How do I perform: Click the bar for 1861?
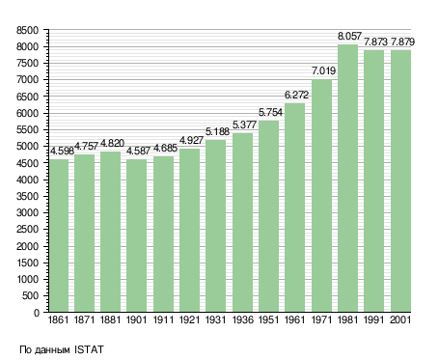[x=59, y=235]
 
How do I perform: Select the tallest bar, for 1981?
[x=347, y=179]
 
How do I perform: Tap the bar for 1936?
[x=242, y=223]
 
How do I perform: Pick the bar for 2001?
[x=400, y=181]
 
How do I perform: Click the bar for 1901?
[x=137, y=235]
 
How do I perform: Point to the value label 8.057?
[x=349, y=36]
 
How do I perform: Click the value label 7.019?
[x=323, y=70]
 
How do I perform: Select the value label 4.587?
[x=138, y=151]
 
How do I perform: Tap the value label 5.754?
[x=270, y=112]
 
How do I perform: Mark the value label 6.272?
[x=296, y=95]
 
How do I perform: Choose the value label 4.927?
[x=191, y=140]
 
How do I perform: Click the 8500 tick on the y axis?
[x=27, y=30]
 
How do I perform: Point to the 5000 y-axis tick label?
[x=27, y=147]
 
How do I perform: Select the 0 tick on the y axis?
[x=36, y=313]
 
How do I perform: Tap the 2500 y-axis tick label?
[x=27, y=230]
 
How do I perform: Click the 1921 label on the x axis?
[x=189, y=320]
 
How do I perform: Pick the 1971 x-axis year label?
[x=321, y=320]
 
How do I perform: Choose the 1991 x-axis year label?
[x=374, y=320]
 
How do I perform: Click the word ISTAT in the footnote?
[x=89, y=349]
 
